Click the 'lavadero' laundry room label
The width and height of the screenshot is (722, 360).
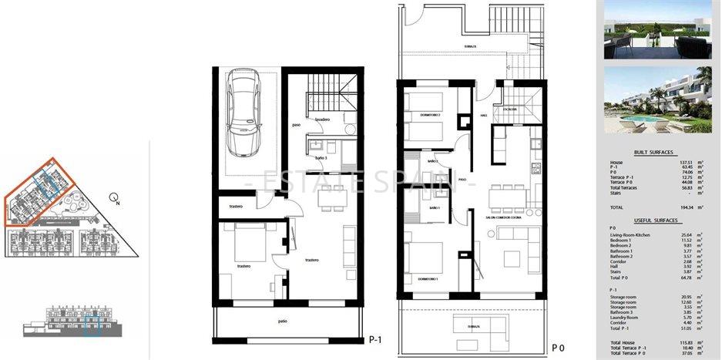click(x=322, y=119)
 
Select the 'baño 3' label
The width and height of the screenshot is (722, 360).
click(x=321, y=157)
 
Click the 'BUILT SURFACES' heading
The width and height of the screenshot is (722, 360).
click(x=655, y=153)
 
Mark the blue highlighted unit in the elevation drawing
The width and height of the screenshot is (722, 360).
click(x=92, y=325)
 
